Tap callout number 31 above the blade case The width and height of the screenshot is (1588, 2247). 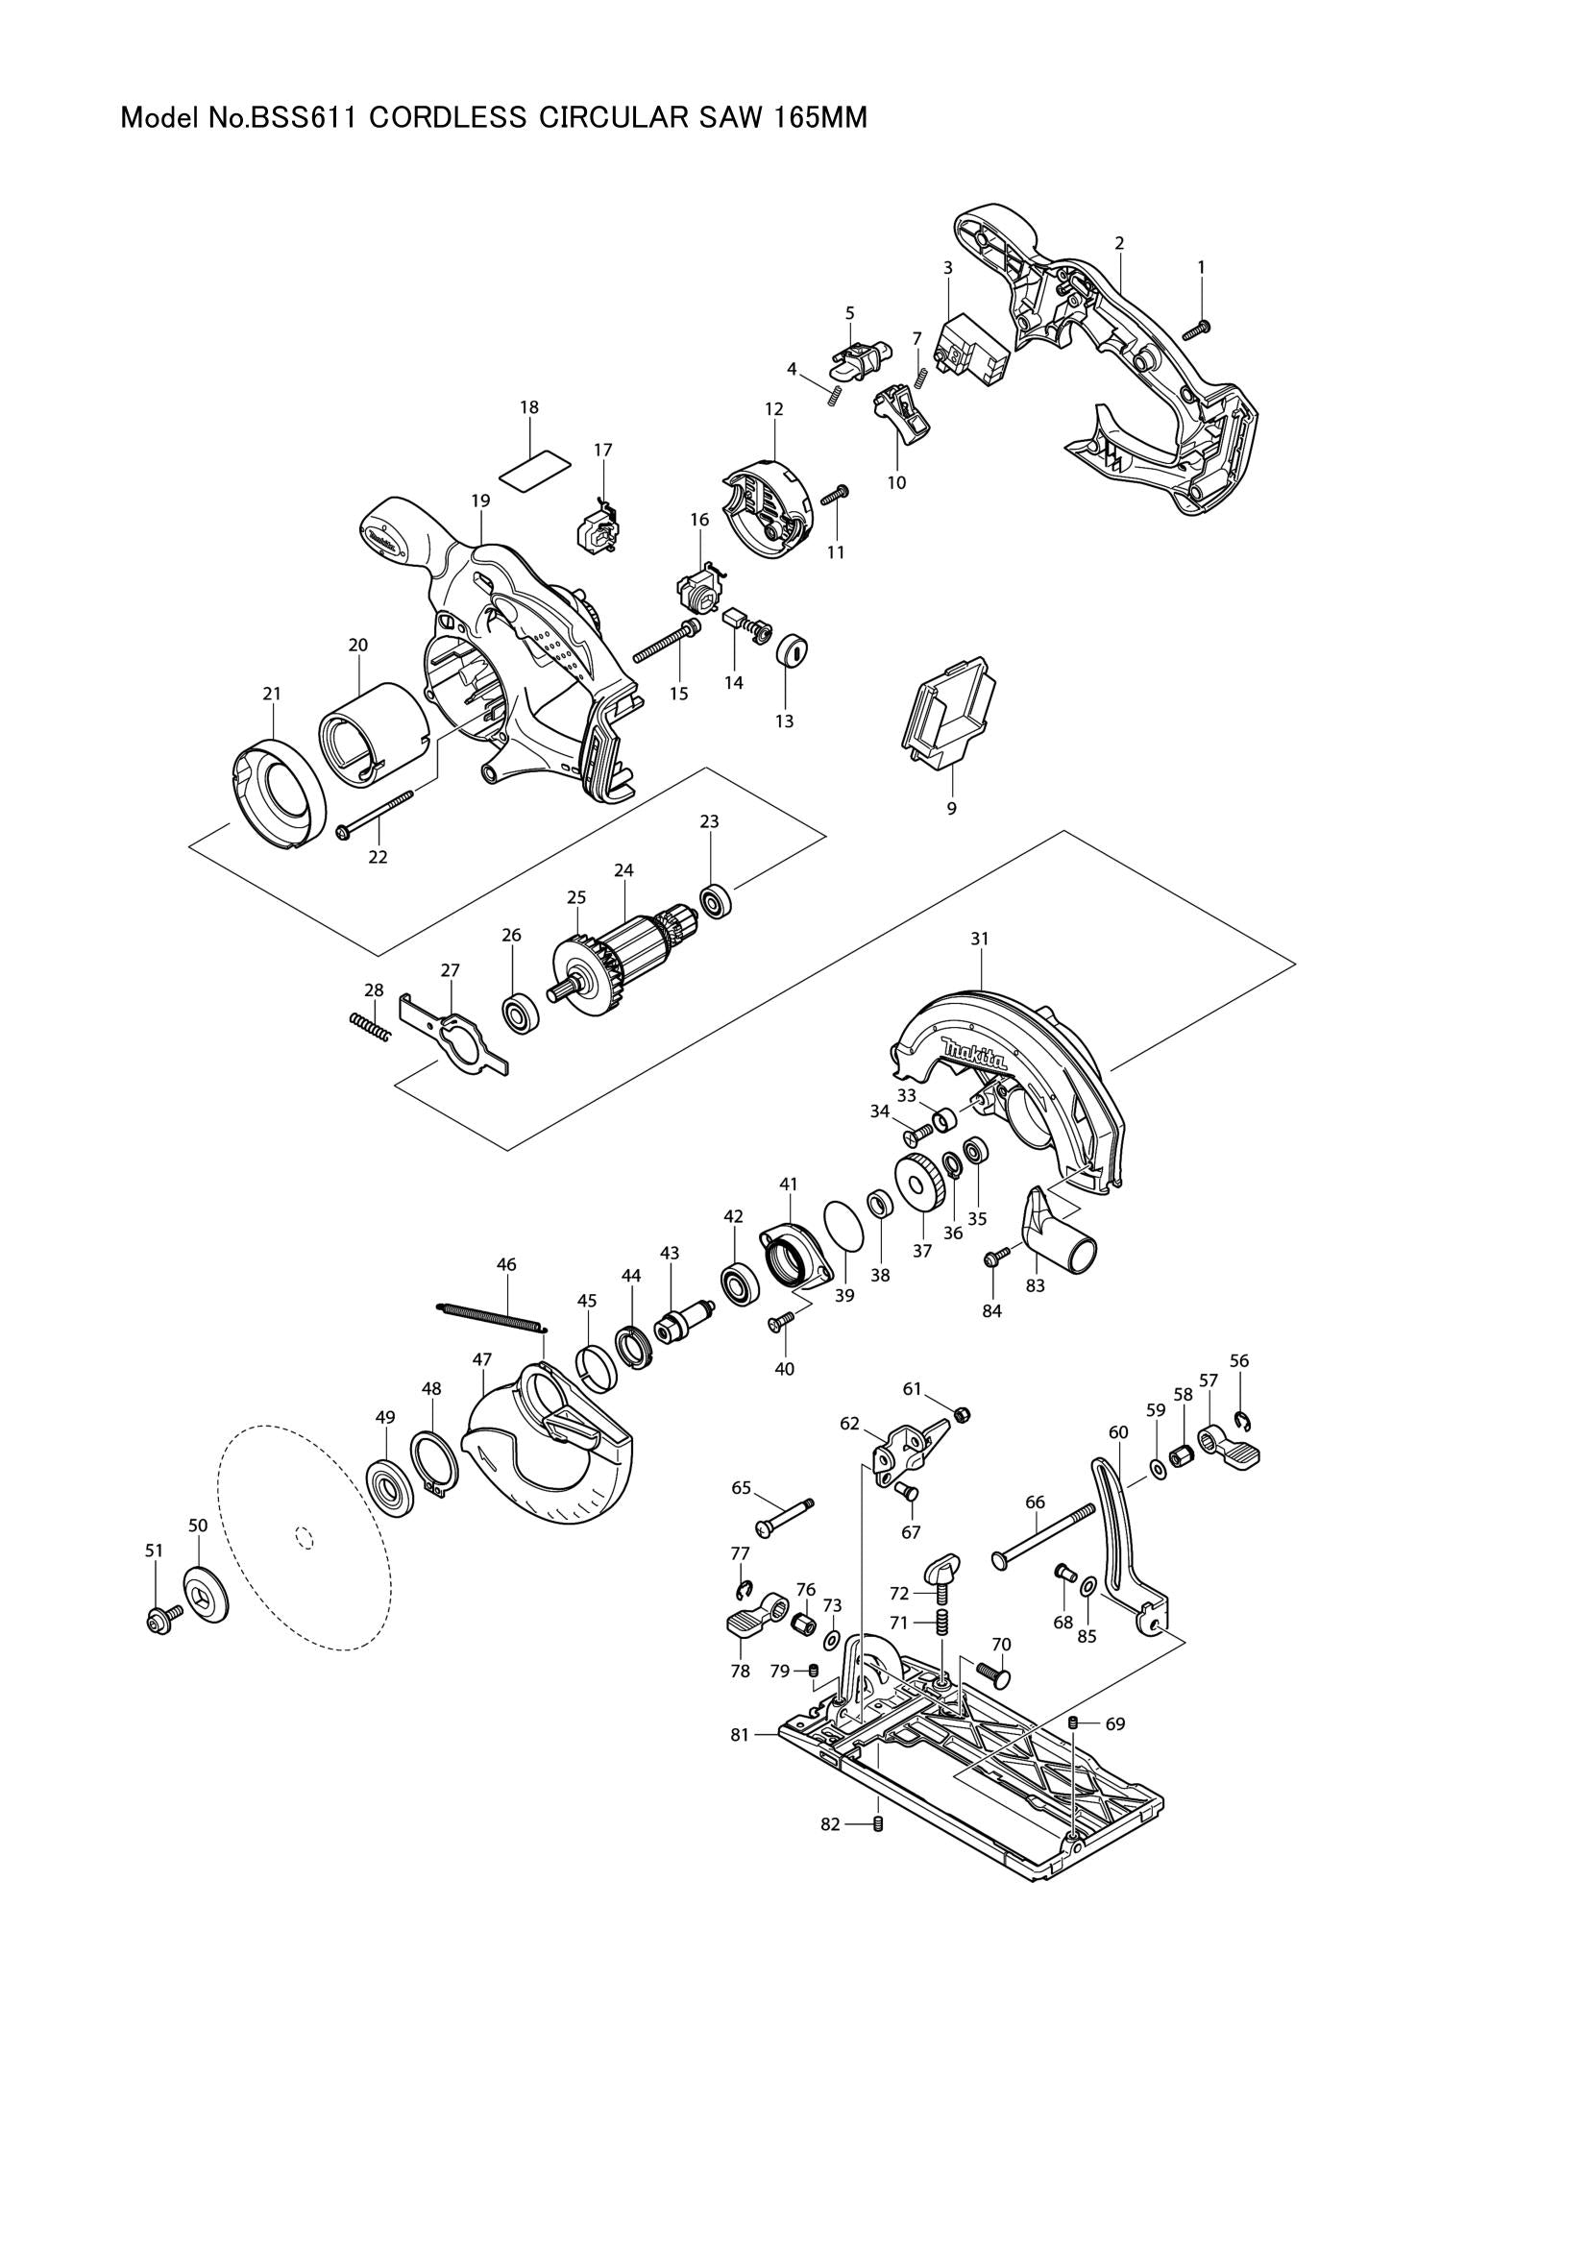980,939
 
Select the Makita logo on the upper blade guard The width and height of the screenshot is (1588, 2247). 973,1058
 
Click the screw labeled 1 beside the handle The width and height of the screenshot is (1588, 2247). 1197,330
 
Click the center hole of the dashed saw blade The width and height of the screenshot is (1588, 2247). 304,1537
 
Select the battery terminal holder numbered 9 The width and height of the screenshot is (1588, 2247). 947,720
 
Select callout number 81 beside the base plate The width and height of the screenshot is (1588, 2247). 740,1735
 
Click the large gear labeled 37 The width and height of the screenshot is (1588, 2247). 919,1184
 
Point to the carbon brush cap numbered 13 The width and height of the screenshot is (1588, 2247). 793,650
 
